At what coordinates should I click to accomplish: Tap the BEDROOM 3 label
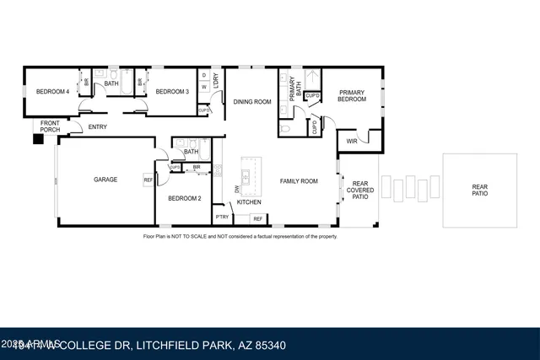click(172, 91)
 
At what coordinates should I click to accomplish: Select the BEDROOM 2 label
click(184, 198)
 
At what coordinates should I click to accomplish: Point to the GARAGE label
click(105, 180)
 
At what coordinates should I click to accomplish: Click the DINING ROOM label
click(251, 102)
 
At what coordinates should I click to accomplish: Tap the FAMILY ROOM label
click(299, 180)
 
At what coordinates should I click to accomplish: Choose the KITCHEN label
click(248, 202)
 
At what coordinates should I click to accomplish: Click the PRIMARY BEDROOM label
click(353, 95)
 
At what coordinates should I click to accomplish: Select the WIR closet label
click(351, 142)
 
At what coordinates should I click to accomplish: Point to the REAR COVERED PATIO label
click(359, 189)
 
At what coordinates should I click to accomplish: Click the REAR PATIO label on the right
click(479, 190)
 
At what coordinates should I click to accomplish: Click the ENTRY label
click(98, 127)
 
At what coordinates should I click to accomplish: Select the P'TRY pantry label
click(222, 218)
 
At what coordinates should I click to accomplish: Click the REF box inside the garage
click(148, 180)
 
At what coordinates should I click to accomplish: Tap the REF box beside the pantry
click(257, 218)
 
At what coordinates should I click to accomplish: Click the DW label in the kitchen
click(236, 188)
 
